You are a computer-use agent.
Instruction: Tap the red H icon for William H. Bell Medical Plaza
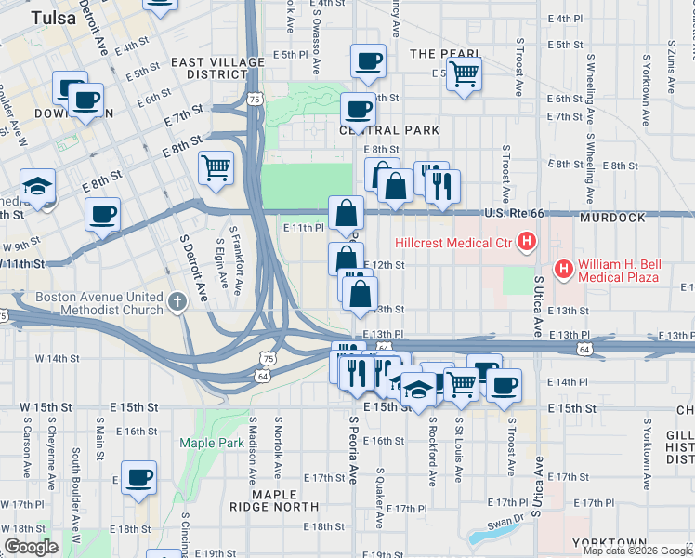point(563,270)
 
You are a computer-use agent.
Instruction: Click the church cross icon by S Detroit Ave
point(178,301)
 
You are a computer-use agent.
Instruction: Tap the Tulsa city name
point(53,18)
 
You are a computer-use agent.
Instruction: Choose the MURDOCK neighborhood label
point(611,217)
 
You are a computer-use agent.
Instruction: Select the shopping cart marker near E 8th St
point(216,167)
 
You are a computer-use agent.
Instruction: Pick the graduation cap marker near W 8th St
point(38,188)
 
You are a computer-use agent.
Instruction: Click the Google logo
point(31,546)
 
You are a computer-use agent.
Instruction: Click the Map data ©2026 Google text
point(637,551)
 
